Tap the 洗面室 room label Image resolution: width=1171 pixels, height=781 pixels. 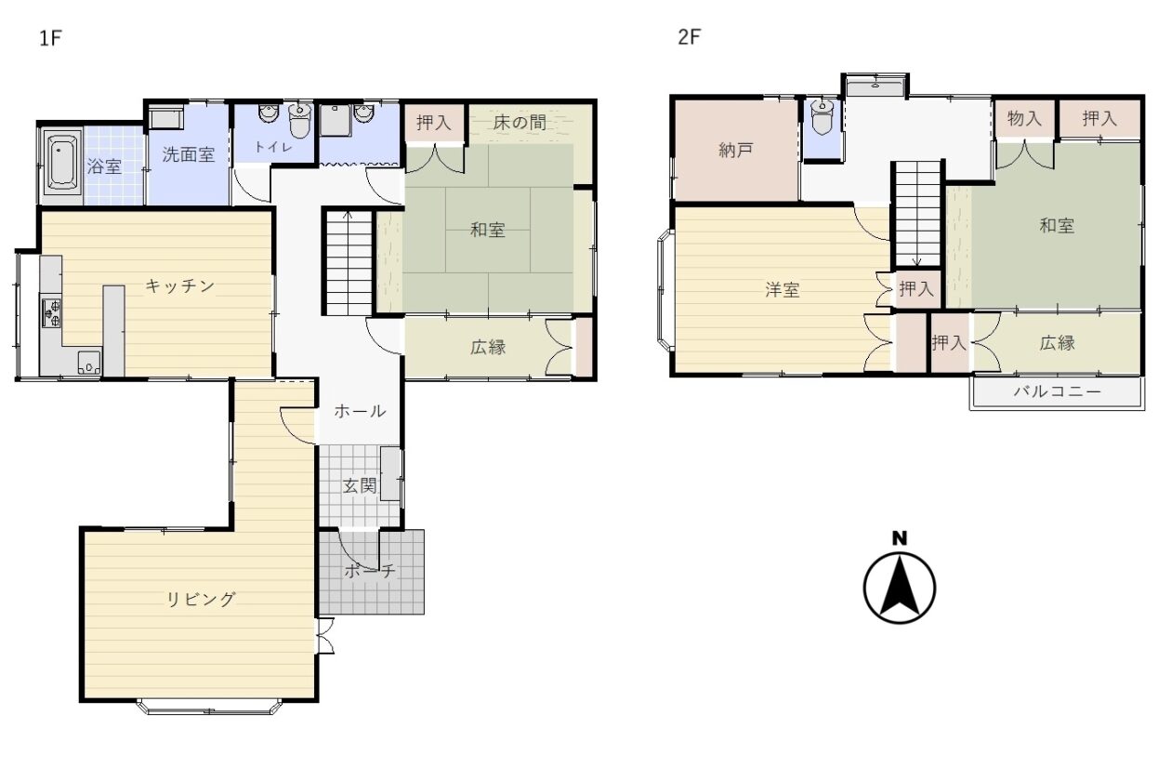point(188,155)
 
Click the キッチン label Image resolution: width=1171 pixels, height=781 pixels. point(180,285)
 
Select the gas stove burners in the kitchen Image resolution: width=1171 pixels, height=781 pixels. point(51,312)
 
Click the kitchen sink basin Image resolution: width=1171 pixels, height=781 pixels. point(89,362)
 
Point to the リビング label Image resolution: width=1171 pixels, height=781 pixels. point(202,599)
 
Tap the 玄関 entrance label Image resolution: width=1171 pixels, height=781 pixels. point(360,486)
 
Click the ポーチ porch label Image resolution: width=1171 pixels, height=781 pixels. point(370,571)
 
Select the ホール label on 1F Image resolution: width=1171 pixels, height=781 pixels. point(360,411)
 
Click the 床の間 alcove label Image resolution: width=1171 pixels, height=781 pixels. point(520,123)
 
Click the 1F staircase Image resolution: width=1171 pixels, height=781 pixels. point(349,262)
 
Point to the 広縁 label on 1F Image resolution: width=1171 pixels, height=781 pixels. point(488,348)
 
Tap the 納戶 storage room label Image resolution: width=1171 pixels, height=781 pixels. point(735,151)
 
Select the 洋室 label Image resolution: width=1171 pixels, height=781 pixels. point(783,290)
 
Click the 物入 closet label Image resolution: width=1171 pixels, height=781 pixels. point(1024,119)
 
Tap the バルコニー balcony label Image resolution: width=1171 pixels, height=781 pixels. point(1057,391)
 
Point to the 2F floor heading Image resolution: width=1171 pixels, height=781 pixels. point(689,37)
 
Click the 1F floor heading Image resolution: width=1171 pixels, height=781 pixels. point(51,38)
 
